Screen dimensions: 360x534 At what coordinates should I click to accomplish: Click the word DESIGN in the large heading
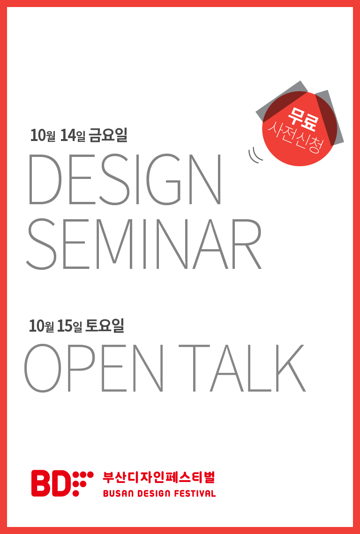point(125,179)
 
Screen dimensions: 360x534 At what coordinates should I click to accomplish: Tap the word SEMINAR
point(143,244)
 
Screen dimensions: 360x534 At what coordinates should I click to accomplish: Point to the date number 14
point(68,135)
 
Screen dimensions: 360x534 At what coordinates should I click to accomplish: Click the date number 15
point(66,326)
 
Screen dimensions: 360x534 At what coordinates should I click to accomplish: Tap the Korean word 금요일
point(108,135)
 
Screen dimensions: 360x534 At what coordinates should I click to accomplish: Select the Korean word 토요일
point(105,326)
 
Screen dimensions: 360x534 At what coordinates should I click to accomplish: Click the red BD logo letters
point(51,483)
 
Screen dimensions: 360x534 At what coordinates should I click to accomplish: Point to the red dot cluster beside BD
point(83,483)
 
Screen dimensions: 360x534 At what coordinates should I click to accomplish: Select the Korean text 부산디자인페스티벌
point(159,477)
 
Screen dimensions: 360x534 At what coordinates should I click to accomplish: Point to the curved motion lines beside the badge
point(255,155)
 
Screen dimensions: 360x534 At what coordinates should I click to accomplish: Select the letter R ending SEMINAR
point(247,244)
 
